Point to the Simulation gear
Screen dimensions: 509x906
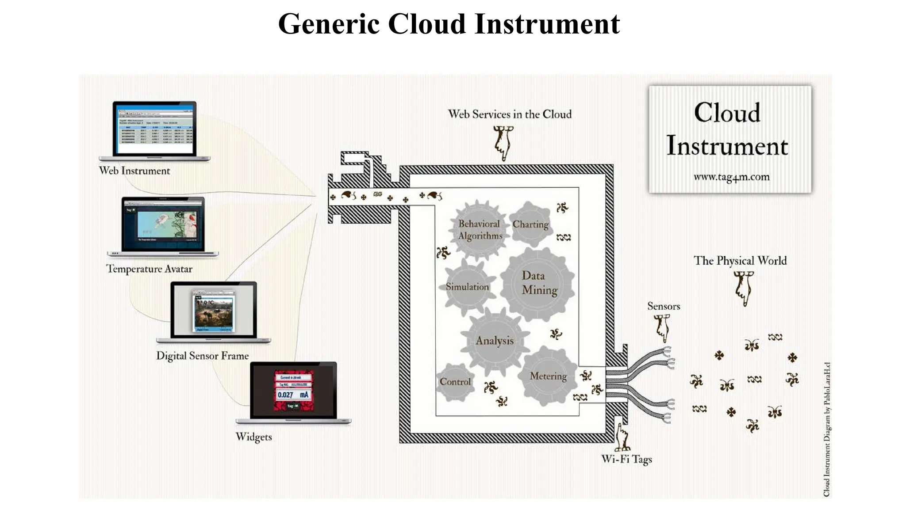tap(467, 287)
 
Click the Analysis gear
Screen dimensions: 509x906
tap(495, 341)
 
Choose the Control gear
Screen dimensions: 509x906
tap(455, 382)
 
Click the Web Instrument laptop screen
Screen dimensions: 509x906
tap(154, 129)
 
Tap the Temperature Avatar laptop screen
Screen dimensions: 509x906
tap(163, 225)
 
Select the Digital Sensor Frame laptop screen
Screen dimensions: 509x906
tap(214, 310)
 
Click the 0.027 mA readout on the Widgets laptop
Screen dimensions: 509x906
tap(293, 395)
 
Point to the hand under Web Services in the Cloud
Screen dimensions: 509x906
tap(503, 142)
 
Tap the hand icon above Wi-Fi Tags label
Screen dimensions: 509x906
tap(622, 437)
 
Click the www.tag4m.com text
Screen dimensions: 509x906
tap(731, 177)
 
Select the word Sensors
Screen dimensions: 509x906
tap(663, 306)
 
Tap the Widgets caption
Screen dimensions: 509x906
tap(253, 437)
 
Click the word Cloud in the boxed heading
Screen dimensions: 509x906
tap(727, 113)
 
